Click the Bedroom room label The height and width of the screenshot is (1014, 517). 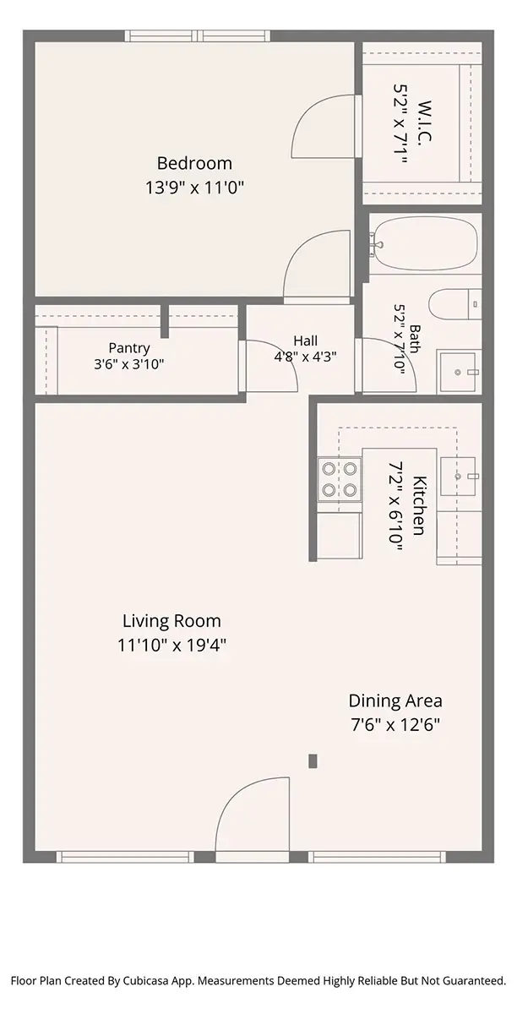[x=194, y=163]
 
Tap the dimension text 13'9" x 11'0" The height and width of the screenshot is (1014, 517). [x=194, y=188]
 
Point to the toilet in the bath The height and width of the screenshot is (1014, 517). [x=455, y=303]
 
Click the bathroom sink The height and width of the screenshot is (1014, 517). [x=456, y=371]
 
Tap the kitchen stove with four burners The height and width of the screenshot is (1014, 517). [x=340, y=479]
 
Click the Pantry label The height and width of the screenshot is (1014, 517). [x=129, y=348]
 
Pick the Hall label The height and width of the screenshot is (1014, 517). [x=305, y=341]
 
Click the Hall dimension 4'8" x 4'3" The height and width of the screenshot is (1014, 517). [x=305, y=357]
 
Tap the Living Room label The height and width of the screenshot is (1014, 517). [x=171, y=620]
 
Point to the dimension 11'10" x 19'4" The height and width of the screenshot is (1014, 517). [x=171, y=645]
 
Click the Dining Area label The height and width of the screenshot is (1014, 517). [x=395, y=701]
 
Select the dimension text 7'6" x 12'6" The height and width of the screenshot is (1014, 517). [x=395, y=725]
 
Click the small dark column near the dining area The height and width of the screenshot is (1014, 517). [x=313, y=761]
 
